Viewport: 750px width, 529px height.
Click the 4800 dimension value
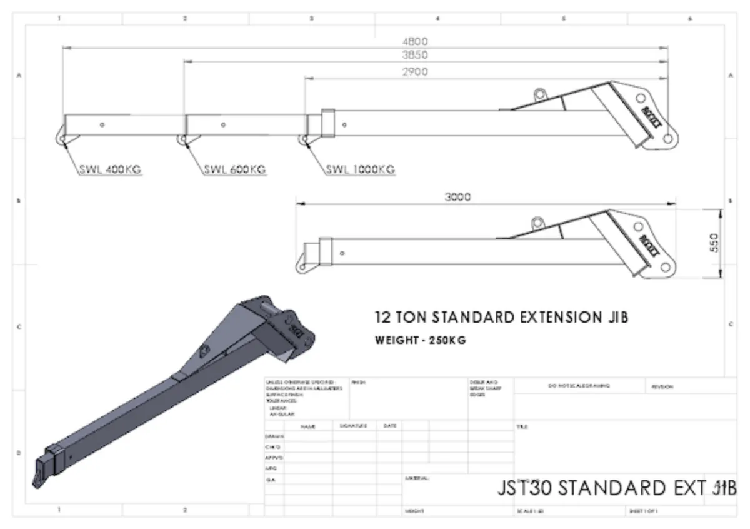point(415,41)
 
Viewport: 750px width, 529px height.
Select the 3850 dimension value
point(415,56)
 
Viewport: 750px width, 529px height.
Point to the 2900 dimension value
point(415,72)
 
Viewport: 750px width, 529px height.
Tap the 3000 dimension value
point(457,197)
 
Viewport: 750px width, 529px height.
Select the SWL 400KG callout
point(111,169)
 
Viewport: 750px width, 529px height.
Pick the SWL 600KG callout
point(235,169)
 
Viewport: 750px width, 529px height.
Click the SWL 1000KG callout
point(360,169)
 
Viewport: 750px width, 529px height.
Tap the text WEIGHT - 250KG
point(421,341)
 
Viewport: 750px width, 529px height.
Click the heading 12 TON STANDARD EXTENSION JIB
point(501,317)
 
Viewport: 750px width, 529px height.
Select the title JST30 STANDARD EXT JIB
point(617,488)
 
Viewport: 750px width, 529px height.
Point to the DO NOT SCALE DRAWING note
point(579,386)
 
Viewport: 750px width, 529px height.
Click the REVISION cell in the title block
point(662,386)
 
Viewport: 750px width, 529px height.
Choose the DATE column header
point(389,426)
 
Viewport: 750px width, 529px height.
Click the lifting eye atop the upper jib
point(539,94)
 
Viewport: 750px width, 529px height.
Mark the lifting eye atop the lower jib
point(537,221)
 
